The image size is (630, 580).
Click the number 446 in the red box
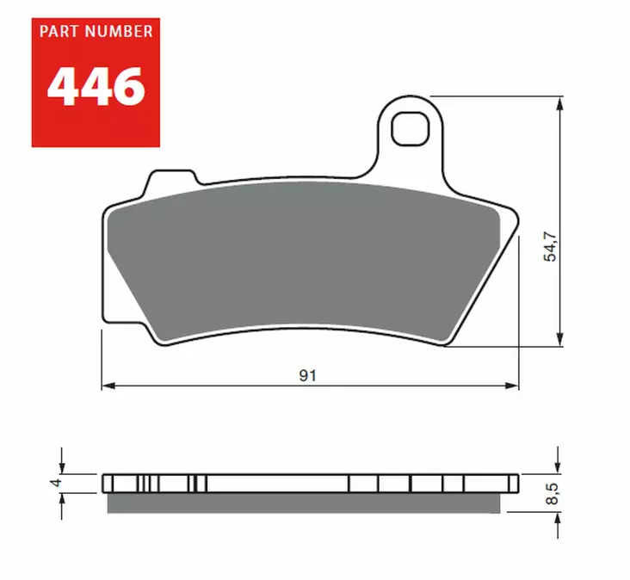coord(96,86)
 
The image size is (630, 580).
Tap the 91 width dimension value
coord(307,375)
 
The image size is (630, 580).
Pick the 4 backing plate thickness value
coord(57,483)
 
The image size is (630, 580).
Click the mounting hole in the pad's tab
coord(409,128)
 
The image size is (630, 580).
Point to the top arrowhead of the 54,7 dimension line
coord(561,102)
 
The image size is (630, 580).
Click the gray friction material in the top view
coord(301,258)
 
